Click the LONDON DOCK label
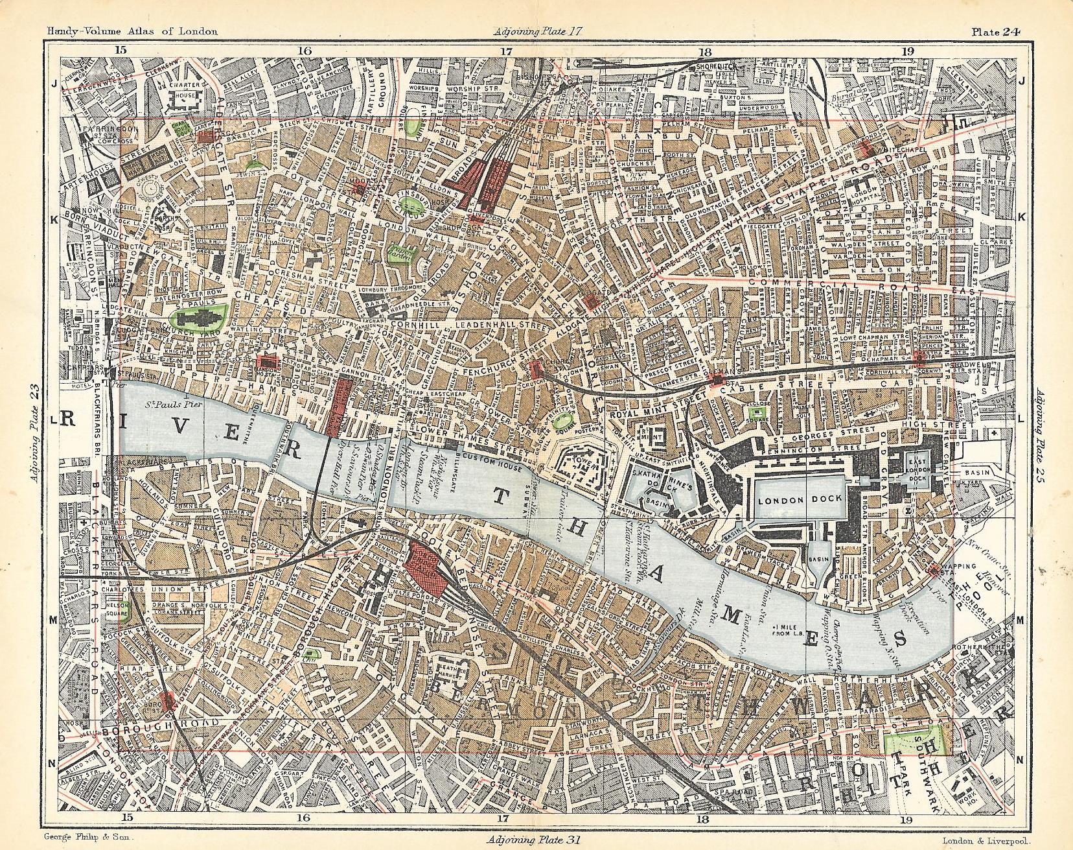800,499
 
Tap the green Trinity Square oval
564,420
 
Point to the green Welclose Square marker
754,411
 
